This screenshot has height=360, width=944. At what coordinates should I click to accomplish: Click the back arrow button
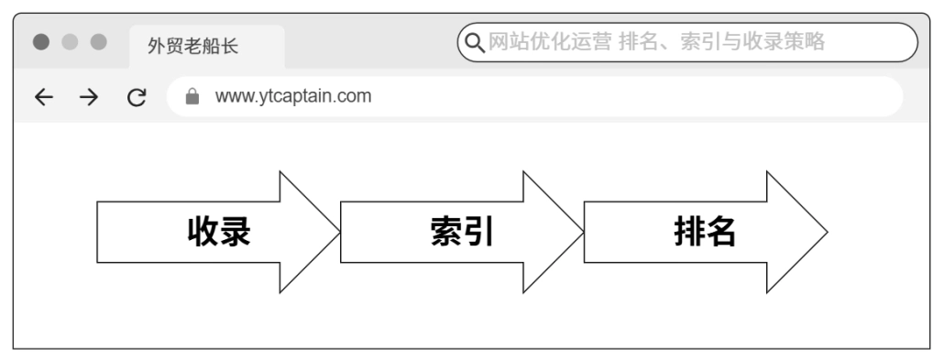[43, 96]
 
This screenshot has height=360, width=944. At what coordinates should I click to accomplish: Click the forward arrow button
[89, 96]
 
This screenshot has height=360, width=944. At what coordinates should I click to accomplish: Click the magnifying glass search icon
[475, 42]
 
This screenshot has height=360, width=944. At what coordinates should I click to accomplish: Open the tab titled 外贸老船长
[193, 47]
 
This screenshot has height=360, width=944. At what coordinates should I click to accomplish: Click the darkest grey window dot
[40, 42]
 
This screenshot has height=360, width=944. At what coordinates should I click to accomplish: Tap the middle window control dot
[70, 42]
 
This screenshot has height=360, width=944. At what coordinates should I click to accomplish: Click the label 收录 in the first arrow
[219, 232]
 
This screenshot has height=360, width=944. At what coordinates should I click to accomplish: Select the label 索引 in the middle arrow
[462, 232]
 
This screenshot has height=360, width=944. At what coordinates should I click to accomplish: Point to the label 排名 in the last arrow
[705, 232]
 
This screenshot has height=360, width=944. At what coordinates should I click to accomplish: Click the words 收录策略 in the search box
[789, 41]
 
